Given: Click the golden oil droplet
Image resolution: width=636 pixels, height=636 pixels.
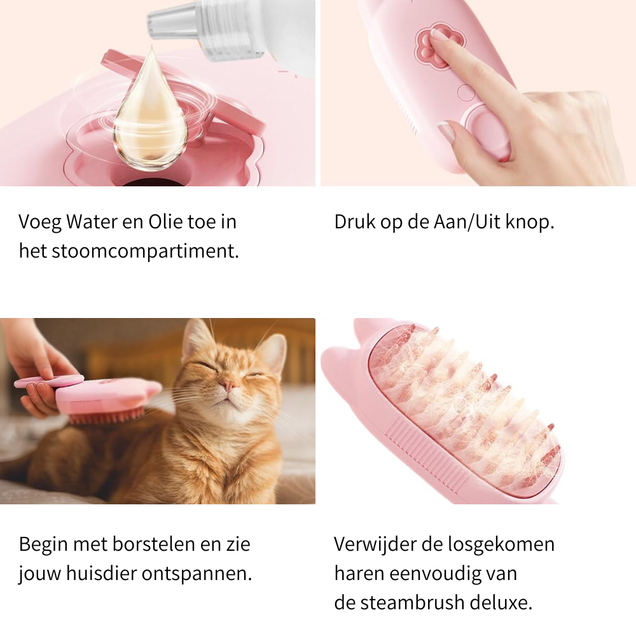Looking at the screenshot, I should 150,114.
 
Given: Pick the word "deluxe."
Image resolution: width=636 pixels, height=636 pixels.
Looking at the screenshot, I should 507,603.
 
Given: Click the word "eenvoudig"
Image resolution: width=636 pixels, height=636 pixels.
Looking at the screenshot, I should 443,574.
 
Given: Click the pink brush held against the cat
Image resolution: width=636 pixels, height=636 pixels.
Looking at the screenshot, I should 108,397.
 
